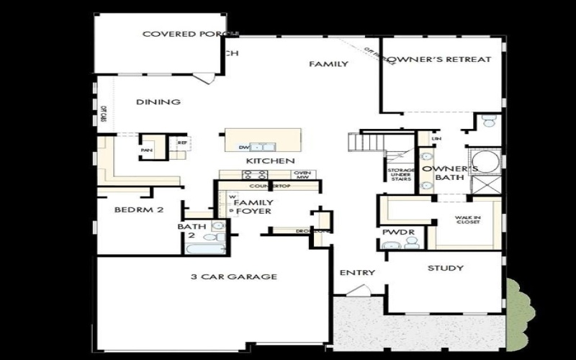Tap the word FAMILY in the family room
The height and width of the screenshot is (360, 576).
coord(328,64)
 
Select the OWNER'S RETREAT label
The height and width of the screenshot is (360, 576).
coord(440,60)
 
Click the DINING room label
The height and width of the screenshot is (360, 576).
coord(158,102)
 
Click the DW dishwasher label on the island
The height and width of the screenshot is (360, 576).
coord(243,147)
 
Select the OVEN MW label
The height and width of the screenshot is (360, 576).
coord(302,176)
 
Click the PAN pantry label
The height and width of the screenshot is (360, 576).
coord(147,150)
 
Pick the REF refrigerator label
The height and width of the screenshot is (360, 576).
coord(181,143)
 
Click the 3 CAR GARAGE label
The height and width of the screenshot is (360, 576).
coord(234,276)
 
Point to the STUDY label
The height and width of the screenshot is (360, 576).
coord(445,269)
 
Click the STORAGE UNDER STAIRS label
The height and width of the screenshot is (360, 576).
coord(400,174)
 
